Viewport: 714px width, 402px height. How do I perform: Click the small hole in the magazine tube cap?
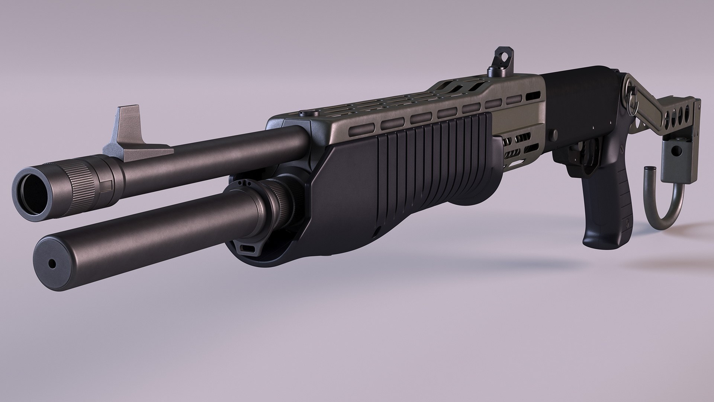(x=52, y=264)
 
